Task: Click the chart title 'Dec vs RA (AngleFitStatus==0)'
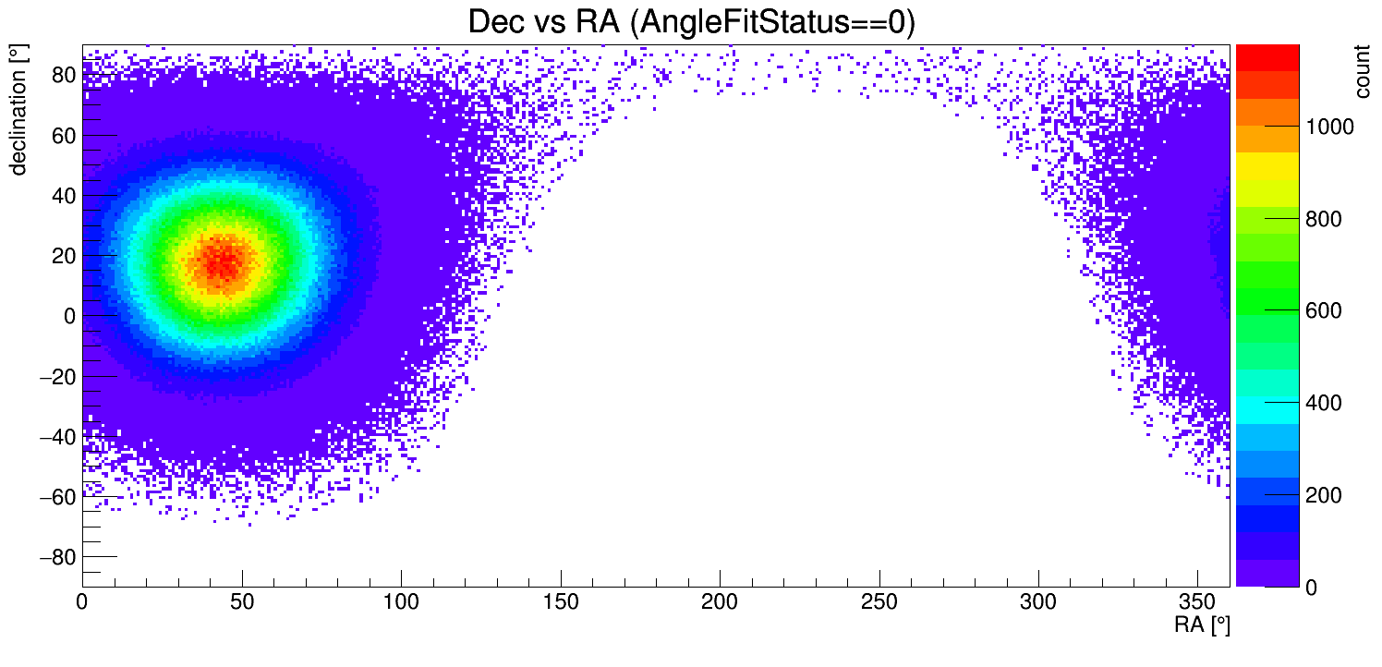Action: pyautogui.click(x=691, y=22)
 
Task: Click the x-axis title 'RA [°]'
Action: pyautogui.click(x=1202, y=625)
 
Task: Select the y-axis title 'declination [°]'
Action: pyautogui.click(x=18, y=110)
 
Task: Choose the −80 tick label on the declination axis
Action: pyautogui.click(x=56, y=557)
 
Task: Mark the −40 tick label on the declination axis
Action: pyautogui.click(x=56, y=437)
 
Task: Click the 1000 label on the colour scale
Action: pyautogui.click(x=1328, y=127)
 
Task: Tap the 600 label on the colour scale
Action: pyautogui.click(x=1323, y=311)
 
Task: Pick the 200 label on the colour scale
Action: pyautogui.click(x=1323, y=496)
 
